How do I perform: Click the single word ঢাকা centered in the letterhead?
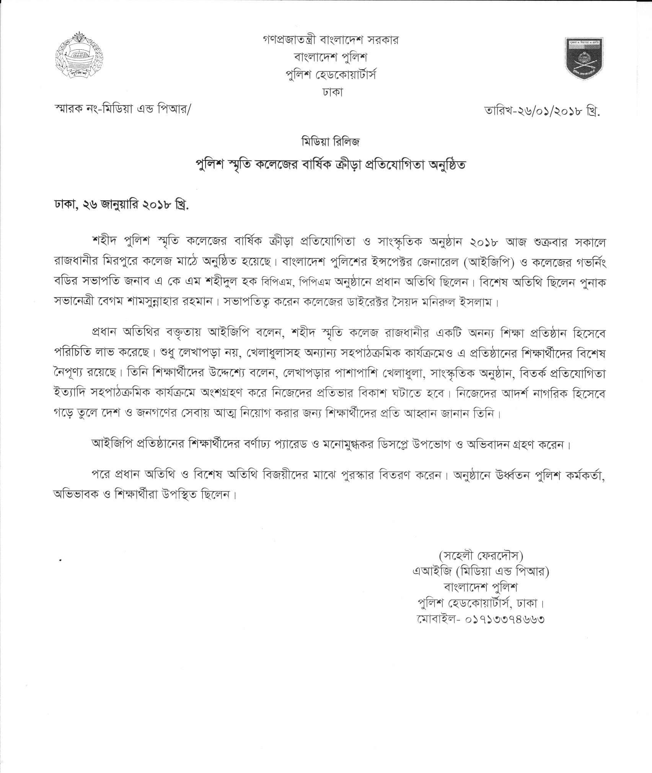point(326,92)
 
